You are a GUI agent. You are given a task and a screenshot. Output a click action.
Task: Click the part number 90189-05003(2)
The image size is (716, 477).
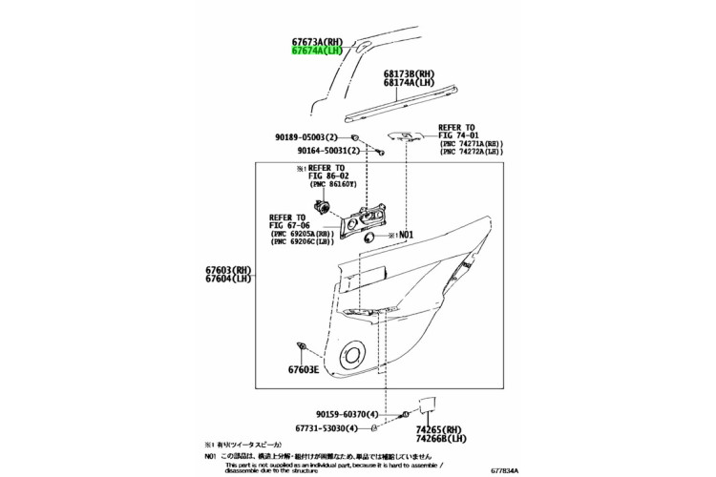(x=313, y=138)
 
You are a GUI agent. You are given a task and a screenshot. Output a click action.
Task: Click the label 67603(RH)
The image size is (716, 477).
(x=228, y=270)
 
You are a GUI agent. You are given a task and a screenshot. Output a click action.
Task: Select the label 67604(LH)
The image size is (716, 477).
(x=228, y=280)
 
